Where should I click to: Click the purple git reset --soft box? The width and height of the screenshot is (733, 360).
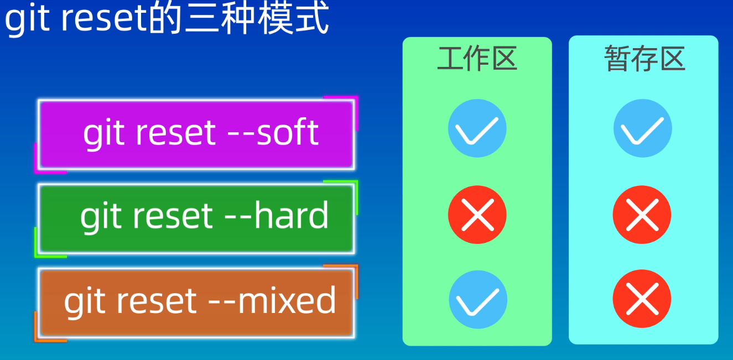click(196, 134)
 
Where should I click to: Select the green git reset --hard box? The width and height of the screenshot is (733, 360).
click(196, 218)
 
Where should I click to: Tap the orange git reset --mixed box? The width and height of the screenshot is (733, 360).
click(196, 302)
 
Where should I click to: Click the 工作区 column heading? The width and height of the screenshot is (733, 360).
click(477, 59)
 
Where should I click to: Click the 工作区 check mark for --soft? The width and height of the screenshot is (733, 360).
click(477, 128)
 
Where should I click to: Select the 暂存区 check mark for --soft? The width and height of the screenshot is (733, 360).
click(642, 128)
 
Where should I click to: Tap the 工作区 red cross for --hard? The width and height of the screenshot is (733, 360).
click(477, 215)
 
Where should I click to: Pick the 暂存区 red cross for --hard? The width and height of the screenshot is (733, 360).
click(642, 215)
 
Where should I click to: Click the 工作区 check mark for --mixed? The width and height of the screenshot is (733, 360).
click(477, 299)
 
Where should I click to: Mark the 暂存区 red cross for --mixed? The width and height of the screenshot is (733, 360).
click(642, 299)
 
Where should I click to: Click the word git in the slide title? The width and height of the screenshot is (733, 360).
click(28, 19)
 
